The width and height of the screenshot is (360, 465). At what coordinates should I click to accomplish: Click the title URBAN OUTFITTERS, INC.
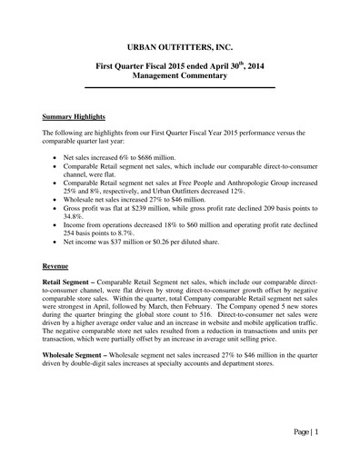pos(180,45)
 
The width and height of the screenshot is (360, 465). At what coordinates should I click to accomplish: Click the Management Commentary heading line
pos(180,79)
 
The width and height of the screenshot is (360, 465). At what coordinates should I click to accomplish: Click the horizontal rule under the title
pos(180,87)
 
